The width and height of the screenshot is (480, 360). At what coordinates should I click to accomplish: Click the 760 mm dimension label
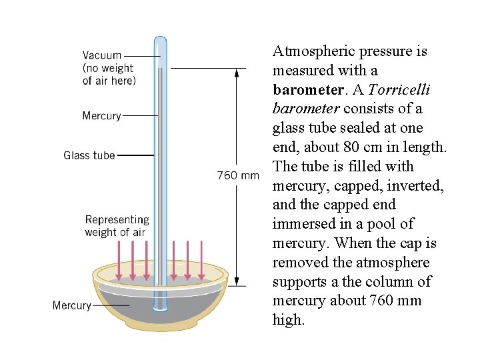click(x=238, y=176)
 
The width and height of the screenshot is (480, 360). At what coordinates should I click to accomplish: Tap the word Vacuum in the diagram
click(x=102, y=55)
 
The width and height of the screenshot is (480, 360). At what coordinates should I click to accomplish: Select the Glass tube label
click(x=89, y=155)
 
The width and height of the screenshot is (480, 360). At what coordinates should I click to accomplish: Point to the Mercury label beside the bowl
click(x=71, y=305)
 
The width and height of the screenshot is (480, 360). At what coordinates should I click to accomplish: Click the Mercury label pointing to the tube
click(x=101, y=115)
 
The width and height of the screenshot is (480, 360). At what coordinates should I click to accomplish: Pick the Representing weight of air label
click(x=117, y=225)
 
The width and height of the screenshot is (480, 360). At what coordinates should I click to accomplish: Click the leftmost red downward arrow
click(x=119, y=261)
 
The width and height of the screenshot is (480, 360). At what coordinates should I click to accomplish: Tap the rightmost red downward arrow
click(x=201, y=261)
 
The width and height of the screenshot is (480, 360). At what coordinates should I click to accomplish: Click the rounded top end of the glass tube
click(x=160, y=41)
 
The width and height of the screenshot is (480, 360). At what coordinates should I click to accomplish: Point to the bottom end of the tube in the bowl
click(x=160, y=308)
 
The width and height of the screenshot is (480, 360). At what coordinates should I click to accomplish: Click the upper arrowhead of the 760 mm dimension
click(x=236, y=72)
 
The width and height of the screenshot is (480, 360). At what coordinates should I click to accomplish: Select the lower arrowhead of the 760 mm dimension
click(x=236, y=283)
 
